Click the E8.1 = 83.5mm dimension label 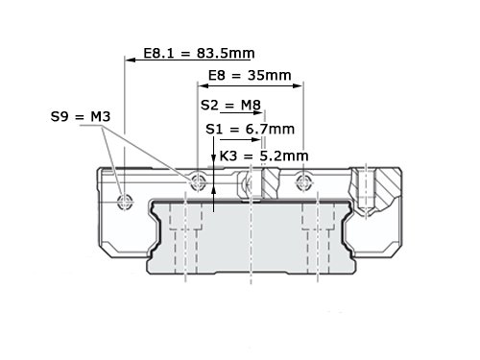[x=199, y=53]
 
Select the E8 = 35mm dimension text [x=250, y=76]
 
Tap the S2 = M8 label [x=230, y=105]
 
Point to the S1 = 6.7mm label [x=250, y=129]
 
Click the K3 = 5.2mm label [x=264, y=156]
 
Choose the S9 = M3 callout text [x=81, y=116]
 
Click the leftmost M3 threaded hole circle [x=125, y=202]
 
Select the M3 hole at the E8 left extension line [x=198, y=181]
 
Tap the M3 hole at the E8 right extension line [x=303, y=181]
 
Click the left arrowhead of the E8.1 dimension [x=130, y=60]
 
